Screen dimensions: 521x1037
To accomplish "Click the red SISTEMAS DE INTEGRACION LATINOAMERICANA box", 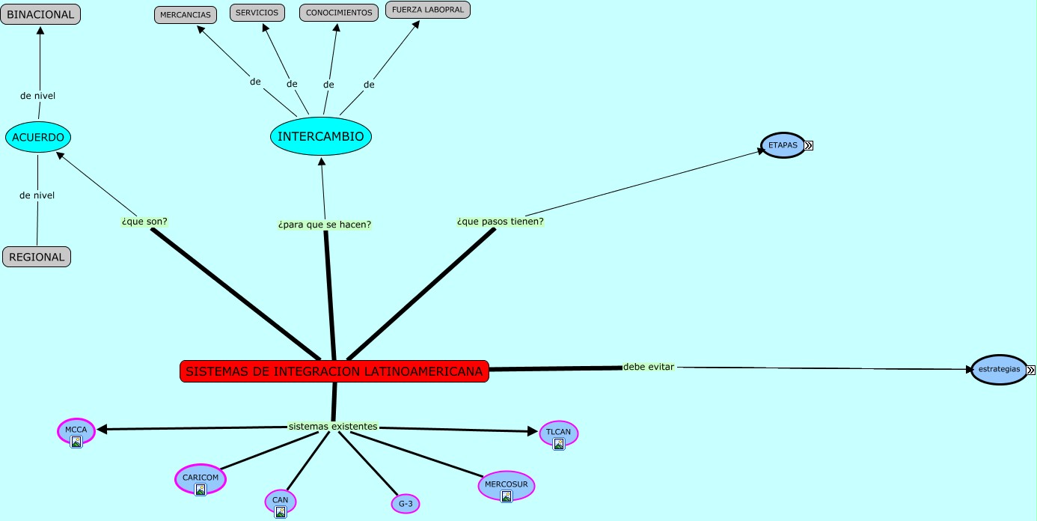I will coord(334,371).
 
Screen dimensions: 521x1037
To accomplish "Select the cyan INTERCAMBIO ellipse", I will coord(321,136).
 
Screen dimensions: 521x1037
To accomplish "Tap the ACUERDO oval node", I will coord(38,137).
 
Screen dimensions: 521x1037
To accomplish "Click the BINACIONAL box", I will coord(40,14).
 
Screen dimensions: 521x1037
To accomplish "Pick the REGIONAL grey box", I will coord(37,257).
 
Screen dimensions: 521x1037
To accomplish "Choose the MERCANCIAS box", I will coord(186,15).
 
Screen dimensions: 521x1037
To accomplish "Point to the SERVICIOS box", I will coord(257,13).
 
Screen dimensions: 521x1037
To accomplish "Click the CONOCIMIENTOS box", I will coord(339,13).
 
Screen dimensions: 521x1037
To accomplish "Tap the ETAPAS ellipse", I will coord(783,144).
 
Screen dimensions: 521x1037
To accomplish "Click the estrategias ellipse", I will coord(999,370).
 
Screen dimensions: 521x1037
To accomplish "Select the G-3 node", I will coord(406,504).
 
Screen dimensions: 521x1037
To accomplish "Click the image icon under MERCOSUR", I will coord(507,496).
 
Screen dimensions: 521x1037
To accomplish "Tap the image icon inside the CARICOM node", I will coord(201,490).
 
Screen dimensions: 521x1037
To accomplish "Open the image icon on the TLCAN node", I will coord(559,444).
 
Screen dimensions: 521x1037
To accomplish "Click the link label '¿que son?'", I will coord(144,222).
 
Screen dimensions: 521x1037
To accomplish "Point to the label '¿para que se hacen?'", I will coord(325,225).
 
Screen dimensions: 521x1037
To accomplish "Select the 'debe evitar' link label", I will coord(649,367).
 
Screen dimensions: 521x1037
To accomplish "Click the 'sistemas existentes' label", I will coord(333,426).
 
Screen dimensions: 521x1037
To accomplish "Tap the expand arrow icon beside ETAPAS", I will coord(809,145).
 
